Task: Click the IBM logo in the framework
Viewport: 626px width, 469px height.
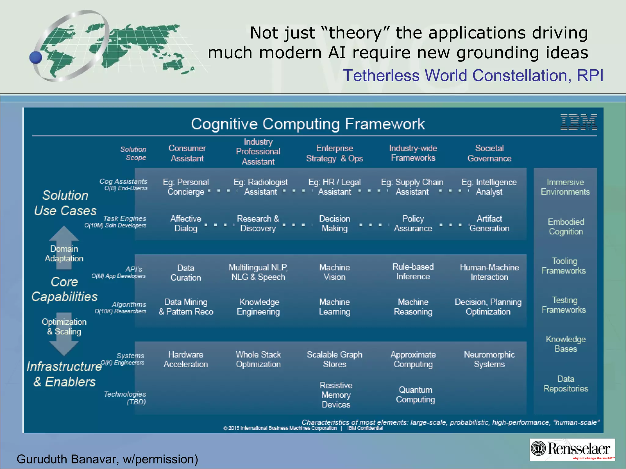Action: [x=578, y=122]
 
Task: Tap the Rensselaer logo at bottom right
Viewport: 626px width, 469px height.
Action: [x=572, y=449]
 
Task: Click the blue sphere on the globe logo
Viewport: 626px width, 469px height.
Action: [x=36, y=57]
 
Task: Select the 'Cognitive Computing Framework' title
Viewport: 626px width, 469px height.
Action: [x=308, y=124]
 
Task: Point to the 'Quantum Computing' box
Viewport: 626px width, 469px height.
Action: [x=415, y=394]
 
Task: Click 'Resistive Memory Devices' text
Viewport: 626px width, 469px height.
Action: [x=336, y=395]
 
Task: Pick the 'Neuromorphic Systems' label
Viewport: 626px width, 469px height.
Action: [x=489, y=359]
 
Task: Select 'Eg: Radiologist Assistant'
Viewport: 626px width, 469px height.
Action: [x=260, y=187]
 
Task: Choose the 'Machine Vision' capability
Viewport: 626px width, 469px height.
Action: [x=334, y=272]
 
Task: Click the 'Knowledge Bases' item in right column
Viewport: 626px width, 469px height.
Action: [x=565, y=344]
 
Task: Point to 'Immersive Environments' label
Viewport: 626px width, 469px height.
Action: [x=565, y=187]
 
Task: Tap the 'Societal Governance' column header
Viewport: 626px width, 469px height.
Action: [x=489, y=153]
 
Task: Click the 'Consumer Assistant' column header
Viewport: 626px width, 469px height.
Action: [x=187, y=153]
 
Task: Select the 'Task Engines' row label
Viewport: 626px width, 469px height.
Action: [x=124, y=219]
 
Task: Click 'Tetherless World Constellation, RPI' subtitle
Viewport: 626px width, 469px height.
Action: [x=473, y=75]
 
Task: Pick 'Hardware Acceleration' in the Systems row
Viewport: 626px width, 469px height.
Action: [x=186, y=359]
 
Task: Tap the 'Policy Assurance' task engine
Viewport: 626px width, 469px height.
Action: [x=413, y=224]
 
